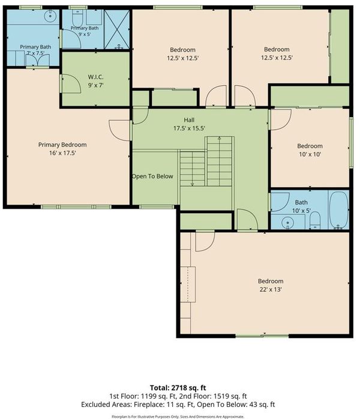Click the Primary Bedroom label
[x=62, y=145]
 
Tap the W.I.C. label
[x=95, y=77]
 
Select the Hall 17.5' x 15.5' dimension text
[x=189, y=128]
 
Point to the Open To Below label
[x=152, y=176]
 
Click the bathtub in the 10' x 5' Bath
[x=338, y=210]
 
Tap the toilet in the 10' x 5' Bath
[x=315, y=221]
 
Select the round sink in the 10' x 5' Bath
[x=287, y=222]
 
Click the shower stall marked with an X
[x=117, y=29]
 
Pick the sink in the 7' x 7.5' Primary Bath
[x=50, y=16]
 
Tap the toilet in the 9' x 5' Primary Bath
[x=78, y=19]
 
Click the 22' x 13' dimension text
[x=271, y=289]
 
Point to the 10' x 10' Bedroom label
[x=310, y=146]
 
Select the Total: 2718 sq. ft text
[x=178, y=388]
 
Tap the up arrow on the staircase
[x=219, y=139]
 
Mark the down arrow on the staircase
[x=192, y=184]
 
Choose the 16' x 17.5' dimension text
[x=62, y=153]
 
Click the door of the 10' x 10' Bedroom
[x=281, y=119]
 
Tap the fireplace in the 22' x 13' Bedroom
[x=188, y=285]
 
